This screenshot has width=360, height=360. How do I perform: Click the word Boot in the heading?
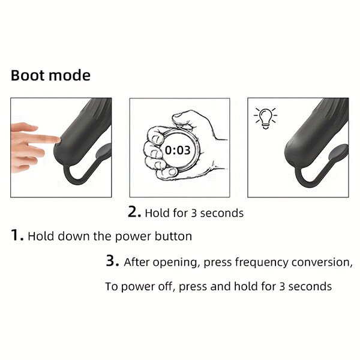[x=28, y=76]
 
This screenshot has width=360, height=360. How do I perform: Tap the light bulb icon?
[x=266, y=118]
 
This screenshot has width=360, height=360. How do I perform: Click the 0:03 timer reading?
[x=178, y=151]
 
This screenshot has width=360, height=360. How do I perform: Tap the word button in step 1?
[x=173, y=236]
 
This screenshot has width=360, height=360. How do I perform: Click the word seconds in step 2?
[x=222, y=213]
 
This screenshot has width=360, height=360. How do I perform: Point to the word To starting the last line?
[x=112, y=287]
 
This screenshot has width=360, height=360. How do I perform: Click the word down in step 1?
[x=74, y=236]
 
